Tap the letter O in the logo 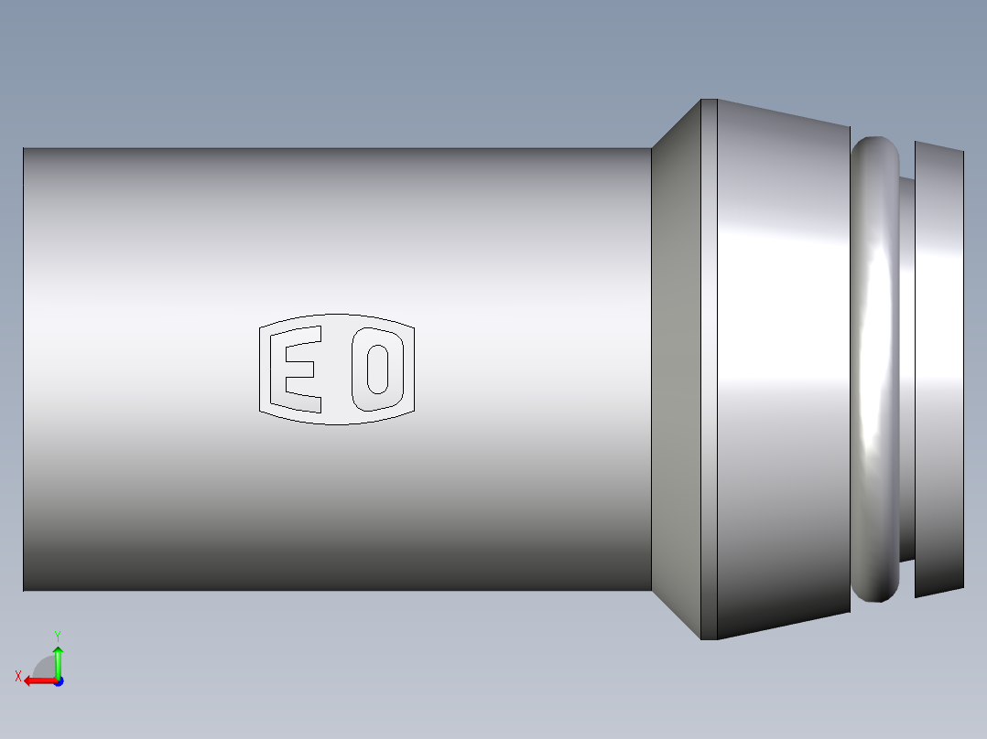377,368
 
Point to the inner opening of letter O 377,368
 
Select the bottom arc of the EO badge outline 337,423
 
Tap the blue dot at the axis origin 58,680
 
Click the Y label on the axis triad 57,635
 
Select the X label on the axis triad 18,676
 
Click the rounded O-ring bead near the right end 876,369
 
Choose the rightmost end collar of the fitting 938,369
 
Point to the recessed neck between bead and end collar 906,369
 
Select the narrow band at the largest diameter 709,369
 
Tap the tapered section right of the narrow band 783,369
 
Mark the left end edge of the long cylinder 24,369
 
